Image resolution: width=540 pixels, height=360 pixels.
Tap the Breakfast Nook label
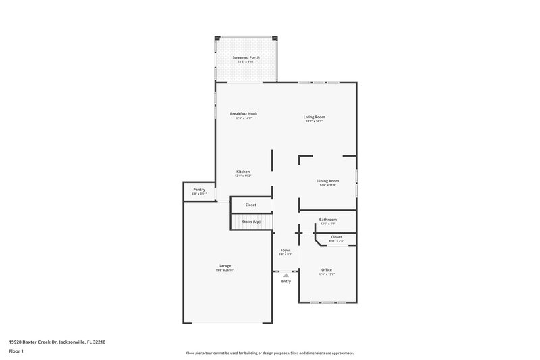tap(243, 113)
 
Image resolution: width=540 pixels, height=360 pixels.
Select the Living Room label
tap(314, 117)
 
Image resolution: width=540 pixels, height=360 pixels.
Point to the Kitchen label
tap(243, 171)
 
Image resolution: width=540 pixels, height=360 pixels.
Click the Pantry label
tap(199, 190)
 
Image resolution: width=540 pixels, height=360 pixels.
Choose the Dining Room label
tap(327, 180)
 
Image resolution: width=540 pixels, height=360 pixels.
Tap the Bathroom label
tap(327, 219)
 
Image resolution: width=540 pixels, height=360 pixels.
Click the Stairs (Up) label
tap(251, 222)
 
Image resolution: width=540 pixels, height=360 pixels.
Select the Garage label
tap(225, 265)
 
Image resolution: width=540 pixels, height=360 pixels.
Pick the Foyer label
tap(286, 250)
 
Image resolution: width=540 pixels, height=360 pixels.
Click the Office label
tap(327, 269)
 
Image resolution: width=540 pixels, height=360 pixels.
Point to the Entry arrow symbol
tap(286, 275)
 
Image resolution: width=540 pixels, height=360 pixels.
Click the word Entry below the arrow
tap(286, 282)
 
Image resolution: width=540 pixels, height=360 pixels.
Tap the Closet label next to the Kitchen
tap(250, 204)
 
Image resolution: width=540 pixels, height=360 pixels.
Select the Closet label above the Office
tap(336, 236)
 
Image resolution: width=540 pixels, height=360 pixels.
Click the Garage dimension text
tap(225, 270)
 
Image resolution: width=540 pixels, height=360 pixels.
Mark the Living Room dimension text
tap(314, 122)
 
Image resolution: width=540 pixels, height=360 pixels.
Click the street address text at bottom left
tap(57, 342)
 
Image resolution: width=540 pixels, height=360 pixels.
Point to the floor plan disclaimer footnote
tap(269, 353)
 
